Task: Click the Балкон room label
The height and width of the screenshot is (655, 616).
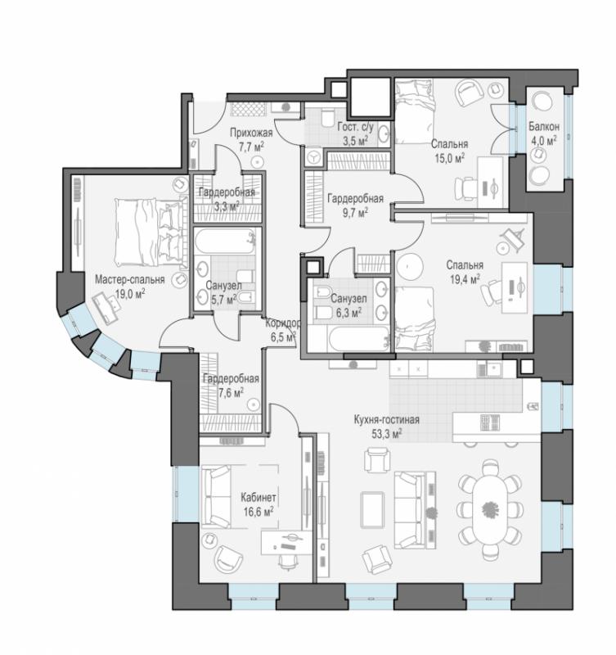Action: [544, 126]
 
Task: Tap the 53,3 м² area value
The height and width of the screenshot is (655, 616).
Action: [386, 434]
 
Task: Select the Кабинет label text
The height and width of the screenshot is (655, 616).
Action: [259, 498]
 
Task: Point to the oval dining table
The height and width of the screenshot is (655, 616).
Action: [490, 509]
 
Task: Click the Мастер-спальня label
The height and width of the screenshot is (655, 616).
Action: [130, 279]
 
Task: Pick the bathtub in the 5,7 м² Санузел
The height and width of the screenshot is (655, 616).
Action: [224, 241]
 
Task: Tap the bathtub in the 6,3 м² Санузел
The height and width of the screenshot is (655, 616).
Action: [360, 339]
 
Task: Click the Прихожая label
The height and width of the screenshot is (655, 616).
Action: [251, 133]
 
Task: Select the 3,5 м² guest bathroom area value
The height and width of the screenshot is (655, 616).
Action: [356, 140]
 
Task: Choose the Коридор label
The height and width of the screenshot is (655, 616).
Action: [282, 323]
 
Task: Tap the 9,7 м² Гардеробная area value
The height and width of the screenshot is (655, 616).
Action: [355, 213]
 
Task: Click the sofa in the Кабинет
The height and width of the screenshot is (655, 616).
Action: [216, 496]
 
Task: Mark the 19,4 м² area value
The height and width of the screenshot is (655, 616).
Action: [465, 278]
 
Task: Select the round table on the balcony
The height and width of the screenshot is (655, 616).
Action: [542, 102]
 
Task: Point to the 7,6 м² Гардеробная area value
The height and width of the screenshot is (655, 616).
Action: [232, 393]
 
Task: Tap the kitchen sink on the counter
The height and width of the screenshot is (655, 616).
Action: [496, 368]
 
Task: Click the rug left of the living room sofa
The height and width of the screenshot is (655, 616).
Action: [373, 509]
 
